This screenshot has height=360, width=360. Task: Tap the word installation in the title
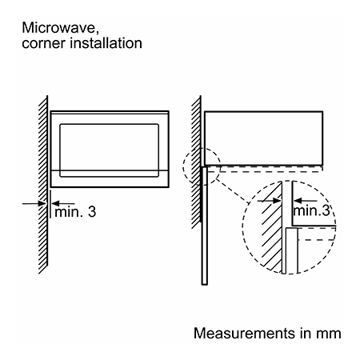pos(106,43)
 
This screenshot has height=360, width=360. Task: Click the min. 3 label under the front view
pos(75,212)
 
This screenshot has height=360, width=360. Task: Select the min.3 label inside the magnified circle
pos(311,210)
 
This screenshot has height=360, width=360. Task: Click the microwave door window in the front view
pos(110,150)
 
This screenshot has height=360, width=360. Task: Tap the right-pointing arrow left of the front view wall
pos(34,204)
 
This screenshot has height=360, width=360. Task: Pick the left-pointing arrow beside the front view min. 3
pos(63,203)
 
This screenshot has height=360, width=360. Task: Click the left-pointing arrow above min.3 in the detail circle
pos(306,201)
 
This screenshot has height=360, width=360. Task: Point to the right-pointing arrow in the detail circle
pos(270,201)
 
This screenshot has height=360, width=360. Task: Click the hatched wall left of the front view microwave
pos(43,185)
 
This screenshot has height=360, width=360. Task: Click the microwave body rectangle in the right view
pos(263,138)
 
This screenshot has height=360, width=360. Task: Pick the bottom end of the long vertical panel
pos(205,285)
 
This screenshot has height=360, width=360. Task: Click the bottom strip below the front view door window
pos(110,178)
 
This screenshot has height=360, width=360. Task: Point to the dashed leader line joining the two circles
pos(232,191)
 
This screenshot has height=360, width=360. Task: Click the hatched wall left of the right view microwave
pos(196,162)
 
